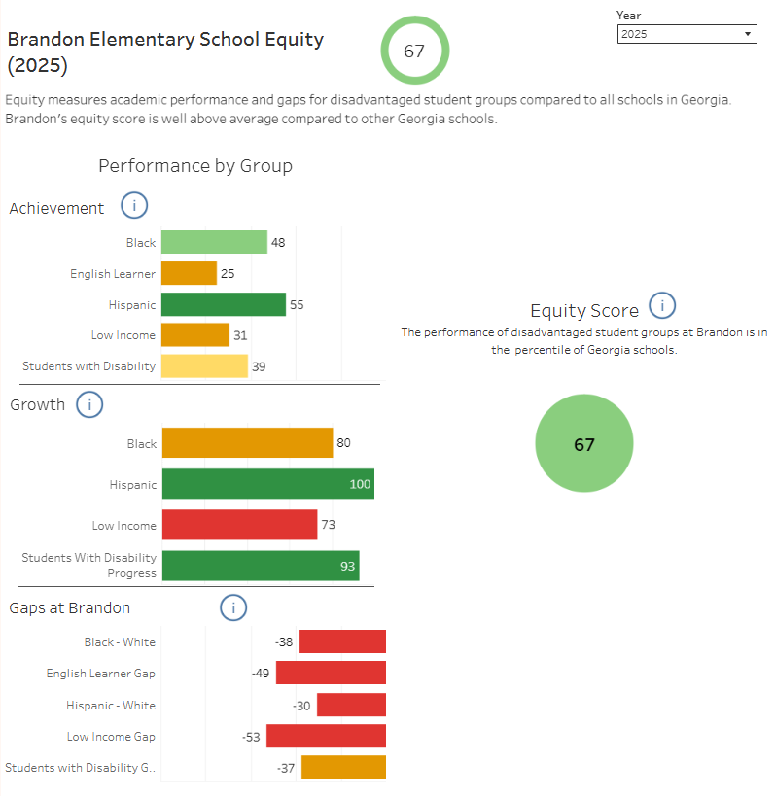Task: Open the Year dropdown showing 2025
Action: (687, 34)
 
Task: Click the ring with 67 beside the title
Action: (414, 51)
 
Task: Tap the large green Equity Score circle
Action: (583, 444)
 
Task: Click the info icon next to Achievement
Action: (134, 206)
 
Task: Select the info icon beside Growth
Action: (89, 404)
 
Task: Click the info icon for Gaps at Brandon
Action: (233, 608)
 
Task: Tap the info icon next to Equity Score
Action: (662, 306)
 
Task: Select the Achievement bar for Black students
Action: (213, 242)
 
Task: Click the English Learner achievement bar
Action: (189, 273)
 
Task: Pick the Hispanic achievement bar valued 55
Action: (223, 305)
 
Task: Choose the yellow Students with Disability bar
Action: (204, 366)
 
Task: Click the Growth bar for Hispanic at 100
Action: (267, 484)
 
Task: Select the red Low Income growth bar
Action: (239, 525)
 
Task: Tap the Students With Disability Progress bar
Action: (261, 566)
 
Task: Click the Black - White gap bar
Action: (342, 641)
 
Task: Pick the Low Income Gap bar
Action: (326, 736)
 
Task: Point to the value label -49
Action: (261, 674)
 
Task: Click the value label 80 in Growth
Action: (343, 443)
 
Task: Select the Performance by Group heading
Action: (195, 166)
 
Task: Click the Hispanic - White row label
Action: (111, 706)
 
